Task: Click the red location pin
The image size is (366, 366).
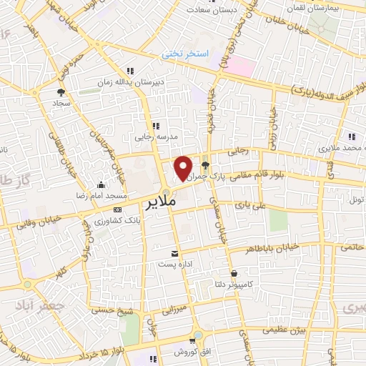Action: click(184, 167)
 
